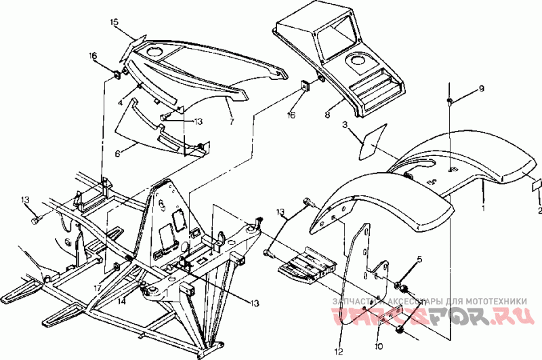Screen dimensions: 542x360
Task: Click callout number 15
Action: coord(114,22)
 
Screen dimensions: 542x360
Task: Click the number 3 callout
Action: coord(344,125)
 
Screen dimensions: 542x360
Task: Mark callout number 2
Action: coord(539,210)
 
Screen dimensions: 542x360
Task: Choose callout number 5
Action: coord(419,260)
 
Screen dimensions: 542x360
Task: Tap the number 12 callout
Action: coord(338,351)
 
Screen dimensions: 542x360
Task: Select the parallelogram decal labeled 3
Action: coord(373,140)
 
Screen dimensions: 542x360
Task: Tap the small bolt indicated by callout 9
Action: coord(450,102)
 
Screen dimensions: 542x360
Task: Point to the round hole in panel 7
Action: coord(153,52)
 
